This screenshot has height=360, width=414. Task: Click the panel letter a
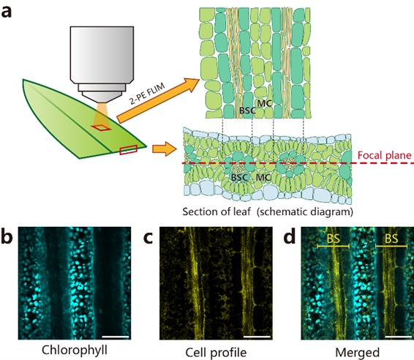[x=7, y=12]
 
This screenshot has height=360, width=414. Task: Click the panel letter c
[x=148, y=238]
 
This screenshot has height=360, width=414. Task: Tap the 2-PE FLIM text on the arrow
[x=147, y=93]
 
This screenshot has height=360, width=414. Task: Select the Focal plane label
[x=385, y=155]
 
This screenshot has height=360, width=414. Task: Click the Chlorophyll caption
[x=75, y=350]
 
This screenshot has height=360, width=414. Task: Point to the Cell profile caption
[x=216, y=353]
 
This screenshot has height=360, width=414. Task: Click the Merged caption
[x=357, y=353]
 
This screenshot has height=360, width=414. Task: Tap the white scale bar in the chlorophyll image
[x=116, y=337]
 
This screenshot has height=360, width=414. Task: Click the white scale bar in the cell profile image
[x=257, y=337]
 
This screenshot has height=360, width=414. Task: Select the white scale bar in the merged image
[x=399, y=337]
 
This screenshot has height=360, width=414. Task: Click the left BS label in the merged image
[x=334, y=239]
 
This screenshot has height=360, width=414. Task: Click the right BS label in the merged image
[x=391, y=239]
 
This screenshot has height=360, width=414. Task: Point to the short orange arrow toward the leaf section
[x=165, y=149]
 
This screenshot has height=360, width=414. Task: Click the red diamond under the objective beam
[x=102, y=127]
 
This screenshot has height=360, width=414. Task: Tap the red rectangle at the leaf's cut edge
[x=128, y=150]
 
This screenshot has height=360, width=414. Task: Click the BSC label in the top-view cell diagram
[x=247, y=110]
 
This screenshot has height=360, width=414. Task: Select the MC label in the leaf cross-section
[x=263, y=177]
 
